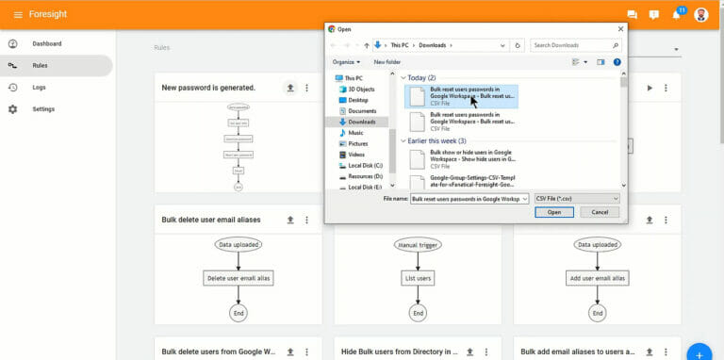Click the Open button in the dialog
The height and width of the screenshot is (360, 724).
[553, 212]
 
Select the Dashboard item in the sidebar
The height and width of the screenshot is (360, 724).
[46, 43]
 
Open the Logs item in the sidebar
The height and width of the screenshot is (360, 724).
[39, 87]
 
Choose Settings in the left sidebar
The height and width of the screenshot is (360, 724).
[42, 109]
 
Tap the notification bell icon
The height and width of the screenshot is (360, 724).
[676, 14]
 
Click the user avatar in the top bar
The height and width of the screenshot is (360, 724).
[700, 14]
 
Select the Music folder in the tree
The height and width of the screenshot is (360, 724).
[355, 133]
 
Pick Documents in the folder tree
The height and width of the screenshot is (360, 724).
[362, 111]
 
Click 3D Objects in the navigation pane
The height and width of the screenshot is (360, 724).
[362, 90]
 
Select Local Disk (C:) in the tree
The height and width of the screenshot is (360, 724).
[365, 165]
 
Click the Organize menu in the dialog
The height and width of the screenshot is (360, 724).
[345, 62]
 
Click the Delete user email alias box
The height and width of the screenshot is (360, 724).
[238, 278]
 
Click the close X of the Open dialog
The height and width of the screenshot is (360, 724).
[620, 28]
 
